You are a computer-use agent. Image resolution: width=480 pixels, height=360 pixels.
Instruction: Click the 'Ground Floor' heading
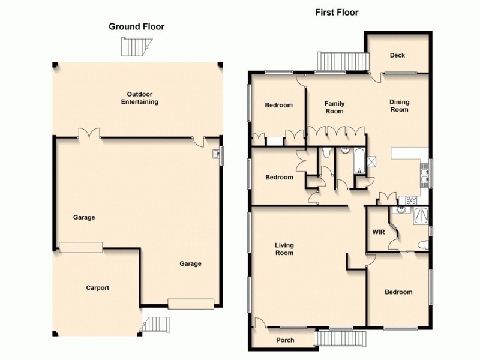(136, 26)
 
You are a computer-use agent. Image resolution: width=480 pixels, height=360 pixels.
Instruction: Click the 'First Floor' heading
(337, 12)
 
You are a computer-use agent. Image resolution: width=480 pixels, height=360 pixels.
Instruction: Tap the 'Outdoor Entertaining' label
(139, 98)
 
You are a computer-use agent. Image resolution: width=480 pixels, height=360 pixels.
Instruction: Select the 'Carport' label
(97, 288)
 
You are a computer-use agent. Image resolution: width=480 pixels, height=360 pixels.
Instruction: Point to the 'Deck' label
(397, 55)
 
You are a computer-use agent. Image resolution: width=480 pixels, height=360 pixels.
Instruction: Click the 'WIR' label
(378, 232)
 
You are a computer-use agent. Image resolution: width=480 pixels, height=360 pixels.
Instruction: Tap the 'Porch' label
(285, 340)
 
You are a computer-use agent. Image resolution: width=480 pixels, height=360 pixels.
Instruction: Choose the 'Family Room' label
(334, 107)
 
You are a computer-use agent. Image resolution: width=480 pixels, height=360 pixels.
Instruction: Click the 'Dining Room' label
(399, 106)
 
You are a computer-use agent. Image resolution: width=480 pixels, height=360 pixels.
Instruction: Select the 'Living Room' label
(284, 248)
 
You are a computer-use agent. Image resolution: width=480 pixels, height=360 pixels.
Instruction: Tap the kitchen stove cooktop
(412, 200)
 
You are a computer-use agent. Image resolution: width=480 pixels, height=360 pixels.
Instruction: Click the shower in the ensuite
(420, 215)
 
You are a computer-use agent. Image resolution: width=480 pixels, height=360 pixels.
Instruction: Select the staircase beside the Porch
(340, 339)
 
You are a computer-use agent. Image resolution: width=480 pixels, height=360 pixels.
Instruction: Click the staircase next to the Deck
(342, 61)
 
